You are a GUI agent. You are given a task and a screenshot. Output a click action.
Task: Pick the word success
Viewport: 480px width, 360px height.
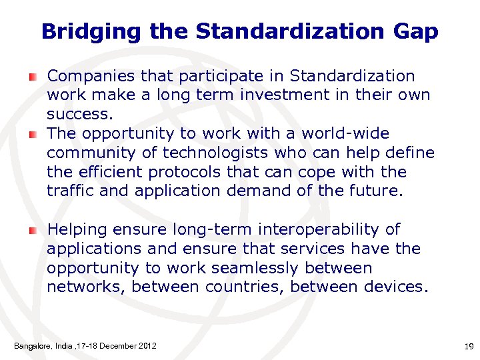(x=76, y=115)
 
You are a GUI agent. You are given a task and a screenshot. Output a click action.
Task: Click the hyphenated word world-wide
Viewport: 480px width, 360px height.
(x=345, y=133)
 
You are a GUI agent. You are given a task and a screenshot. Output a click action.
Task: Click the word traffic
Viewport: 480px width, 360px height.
(x=68, y=191)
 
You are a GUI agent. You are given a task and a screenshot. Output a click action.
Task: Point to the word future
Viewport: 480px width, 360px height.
(x=375, y=191)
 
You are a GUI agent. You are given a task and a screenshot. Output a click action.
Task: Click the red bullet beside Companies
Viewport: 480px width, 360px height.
(x=32, y=77)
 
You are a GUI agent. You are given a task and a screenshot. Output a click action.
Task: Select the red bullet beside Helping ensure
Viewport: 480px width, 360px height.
(x=32, y=231)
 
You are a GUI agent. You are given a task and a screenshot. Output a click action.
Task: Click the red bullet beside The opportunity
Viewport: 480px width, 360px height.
(x=32, y=135)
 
